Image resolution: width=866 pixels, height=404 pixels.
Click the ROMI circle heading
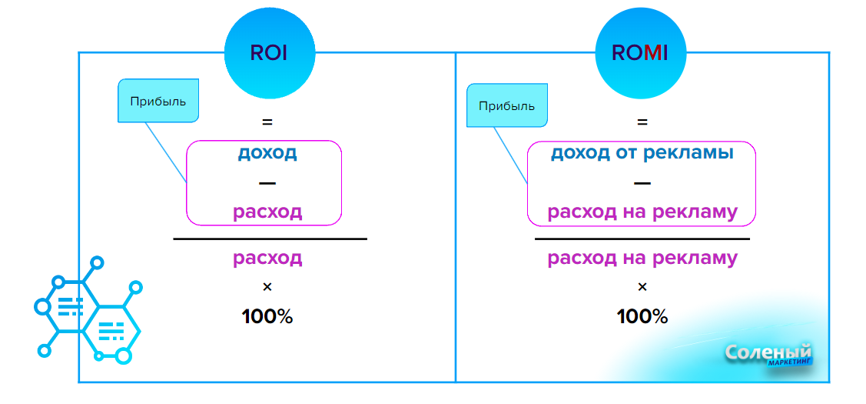pyautogui.click(x=640, y=53)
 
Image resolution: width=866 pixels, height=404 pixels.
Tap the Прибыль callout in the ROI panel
pyautogui.click(x=158, y=101)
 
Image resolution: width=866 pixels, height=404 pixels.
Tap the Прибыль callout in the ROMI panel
pyautogui.click(x=506, y=105)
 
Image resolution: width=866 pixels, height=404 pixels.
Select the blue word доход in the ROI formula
pyautogui.click(x=267, y=152)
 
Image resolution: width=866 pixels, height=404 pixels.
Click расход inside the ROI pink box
pyautogui.click(x=267, y=212)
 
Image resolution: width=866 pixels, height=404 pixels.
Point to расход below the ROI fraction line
pyautogui.click(x=267, y=258)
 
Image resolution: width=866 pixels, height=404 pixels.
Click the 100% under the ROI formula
pyautogui.click(x=267, y=316)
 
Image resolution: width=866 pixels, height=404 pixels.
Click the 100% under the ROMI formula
pyautogui.click(x=642, y=316)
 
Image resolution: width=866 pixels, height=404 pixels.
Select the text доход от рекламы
pyautogui.click(x=642, y=152)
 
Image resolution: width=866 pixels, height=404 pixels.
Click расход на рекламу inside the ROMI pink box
pyautogui.click(x=642, y=212)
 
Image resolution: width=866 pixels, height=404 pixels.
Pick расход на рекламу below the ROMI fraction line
pyautogui.click(x=642, y=258)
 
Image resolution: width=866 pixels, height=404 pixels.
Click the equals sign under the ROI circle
pyautogui.click(x=267, y=122)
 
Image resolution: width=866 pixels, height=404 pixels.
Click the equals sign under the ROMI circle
pyautogui.click(x=642, y=122)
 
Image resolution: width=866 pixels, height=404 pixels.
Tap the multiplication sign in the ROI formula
pyautogui.click(x=267, y=287)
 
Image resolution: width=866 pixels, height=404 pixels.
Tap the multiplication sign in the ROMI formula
pyautogui.click(x=642, y=287)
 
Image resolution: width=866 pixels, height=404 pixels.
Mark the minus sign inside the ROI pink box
pyautogui.click(x=267, y=183)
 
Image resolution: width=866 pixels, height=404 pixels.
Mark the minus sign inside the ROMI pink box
pyautogui.click(x=642, y=183)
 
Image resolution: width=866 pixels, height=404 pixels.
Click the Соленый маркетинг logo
pyautogui.click(x=768, y=355)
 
